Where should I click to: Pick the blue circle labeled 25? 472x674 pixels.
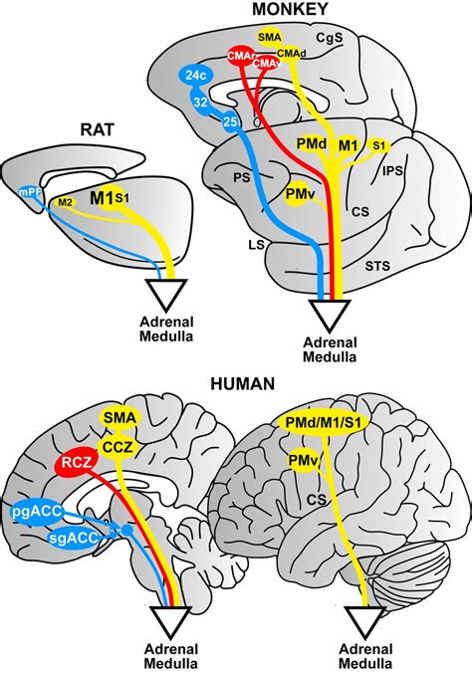(229, 121)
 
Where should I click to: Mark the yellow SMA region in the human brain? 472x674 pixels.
(117, 422)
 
